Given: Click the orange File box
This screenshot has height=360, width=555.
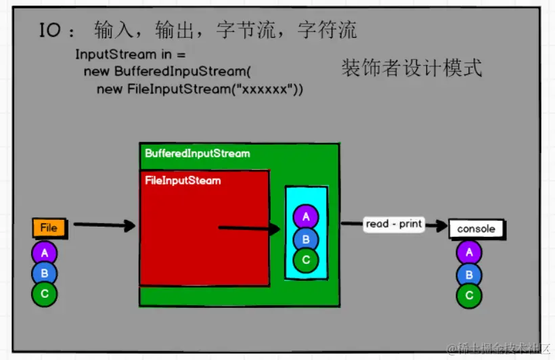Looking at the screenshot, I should (49, 228).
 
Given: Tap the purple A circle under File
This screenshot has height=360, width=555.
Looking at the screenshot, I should (45, 253).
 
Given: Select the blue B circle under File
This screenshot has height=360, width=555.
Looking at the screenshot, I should (45, 273).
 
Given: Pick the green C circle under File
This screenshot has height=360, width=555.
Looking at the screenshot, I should (45, 294).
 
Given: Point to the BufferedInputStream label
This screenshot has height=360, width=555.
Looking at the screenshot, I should (197, 154).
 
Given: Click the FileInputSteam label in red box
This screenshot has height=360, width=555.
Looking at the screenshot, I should (183, 181).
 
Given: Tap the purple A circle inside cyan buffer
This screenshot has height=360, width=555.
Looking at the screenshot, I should (306, 217).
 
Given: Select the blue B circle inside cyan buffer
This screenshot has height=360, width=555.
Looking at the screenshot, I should (306, 238).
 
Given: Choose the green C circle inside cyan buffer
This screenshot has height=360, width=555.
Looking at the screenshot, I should (306, 259).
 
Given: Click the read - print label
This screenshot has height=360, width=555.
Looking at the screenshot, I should (393, 224).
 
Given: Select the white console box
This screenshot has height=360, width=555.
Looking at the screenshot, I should (476, 229).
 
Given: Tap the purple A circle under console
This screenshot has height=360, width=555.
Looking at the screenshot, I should (469, 253).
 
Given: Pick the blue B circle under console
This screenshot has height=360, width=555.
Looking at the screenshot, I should (469, 275).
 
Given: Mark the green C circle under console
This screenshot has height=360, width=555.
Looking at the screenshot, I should (469, 296).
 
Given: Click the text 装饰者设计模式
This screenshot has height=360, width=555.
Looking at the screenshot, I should (412, 68).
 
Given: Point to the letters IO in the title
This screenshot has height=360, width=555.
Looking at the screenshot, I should (51, 31).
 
